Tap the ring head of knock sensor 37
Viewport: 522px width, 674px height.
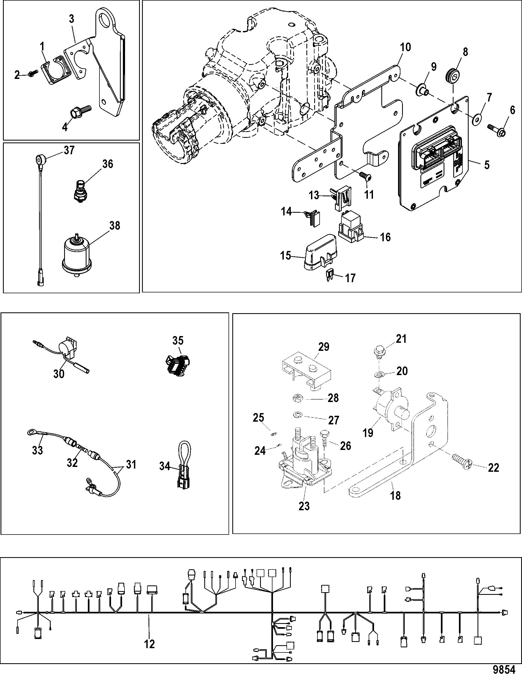41,160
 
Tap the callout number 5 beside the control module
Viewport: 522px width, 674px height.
487,165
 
